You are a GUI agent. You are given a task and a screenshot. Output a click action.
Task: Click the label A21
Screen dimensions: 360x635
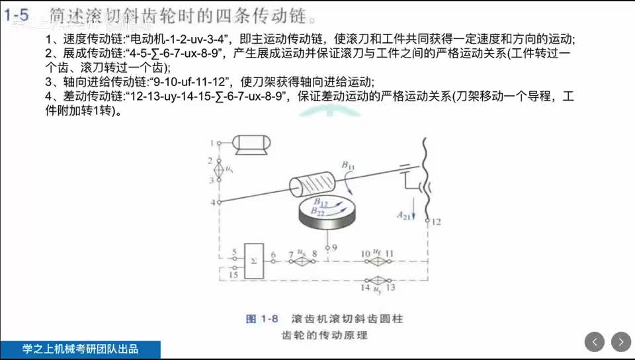[403, 215]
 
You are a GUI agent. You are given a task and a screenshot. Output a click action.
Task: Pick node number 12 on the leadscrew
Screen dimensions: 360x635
[436, 222]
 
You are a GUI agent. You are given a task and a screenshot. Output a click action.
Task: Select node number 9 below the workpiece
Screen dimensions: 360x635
[335, 247]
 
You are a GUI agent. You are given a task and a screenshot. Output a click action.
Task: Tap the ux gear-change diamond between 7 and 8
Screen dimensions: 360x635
[300, 261]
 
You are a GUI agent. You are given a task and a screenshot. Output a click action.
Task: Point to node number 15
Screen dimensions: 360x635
[233, 275]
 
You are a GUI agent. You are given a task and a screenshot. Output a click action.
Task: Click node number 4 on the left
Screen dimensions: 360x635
[213, 202]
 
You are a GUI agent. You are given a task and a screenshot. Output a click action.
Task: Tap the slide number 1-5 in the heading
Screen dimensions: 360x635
[16, 15]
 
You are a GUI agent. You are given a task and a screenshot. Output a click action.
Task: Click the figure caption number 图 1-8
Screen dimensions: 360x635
[261, 319]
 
